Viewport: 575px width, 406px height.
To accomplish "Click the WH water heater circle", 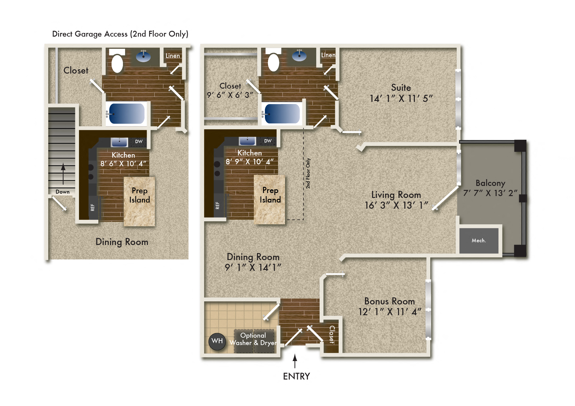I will (217, 341).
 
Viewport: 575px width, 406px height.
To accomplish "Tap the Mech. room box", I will (479, 240).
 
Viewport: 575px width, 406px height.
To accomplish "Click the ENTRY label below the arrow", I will (296, 376).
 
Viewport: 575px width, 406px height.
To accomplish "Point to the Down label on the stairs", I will (62, 192).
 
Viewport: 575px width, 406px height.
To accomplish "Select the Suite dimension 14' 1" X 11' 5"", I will (401, 98).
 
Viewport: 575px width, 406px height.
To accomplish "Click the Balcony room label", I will (490, 183).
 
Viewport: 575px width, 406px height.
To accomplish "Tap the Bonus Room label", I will (389, 301).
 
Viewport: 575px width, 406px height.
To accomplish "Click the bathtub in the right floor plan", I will (282, 114).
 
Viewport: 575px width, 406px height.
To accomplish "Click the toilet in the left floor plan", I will (117, 63).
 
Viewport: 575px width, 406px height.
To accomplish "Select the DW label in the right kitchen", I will (268, 141).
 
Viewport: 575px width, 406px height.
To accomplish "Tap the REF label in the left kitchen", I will (93, 207).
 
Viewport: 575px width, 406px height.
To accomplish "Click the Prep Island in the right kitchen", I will (270, 199).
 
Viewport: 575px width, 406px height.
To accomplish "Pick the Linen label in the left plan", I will (172, 56).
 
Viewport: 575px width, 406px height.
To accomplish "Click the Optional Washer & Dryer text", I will (253, 339).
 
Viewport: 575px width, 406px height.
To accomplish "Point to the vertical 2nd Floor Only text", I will (308, 173).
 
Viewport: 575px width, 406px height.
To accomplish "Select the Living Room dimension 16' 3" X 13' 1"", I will (396, 205).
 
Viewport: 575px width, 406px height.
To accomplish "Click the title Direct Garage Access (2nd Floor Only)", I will (120, 34).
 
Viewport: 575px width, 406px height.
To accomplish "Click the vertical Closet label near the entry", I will (332, 334).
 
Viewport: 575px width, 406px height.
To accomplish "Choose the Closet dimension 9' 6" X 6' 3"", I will (230, 95).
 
